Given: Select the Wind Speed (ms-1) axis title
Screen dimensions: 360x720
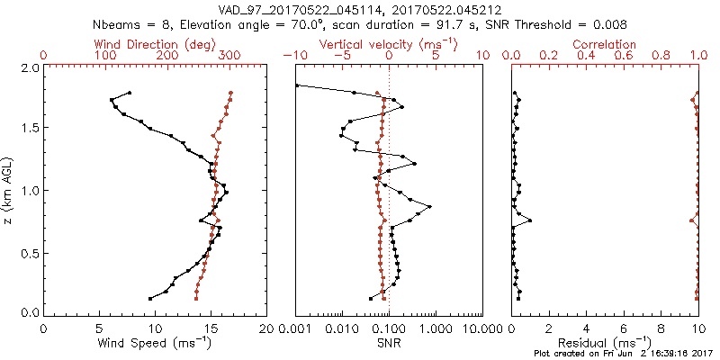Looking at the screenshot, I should point(155,343).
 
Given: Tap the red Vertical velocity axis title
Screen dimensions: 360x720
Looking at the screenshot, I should point(389,44).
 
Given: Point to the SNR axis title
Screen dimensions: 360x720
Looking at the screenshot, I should point(389,343).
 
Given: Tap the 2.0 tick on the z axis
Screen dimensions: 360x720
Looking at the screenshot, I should point(29,67).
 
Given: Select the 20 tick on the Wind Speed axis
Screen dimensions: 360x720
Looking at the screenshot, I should point(266,329).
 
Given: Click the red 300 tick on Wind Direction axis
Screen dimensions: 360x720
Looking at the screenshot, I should point(230,57).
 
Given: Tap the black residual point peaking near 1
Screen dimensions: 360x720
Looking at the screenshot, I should point(530,220).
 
